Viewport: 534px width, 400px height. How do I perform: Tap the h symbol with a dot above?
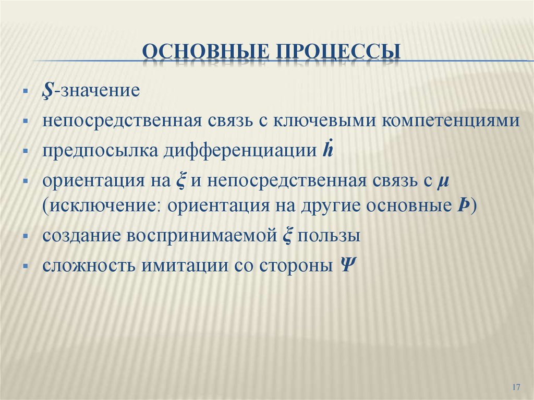327,150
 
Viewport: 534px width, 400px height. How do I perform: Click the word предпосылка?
101,151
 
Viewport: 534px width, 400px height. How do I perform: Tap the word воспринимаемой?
201,236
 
